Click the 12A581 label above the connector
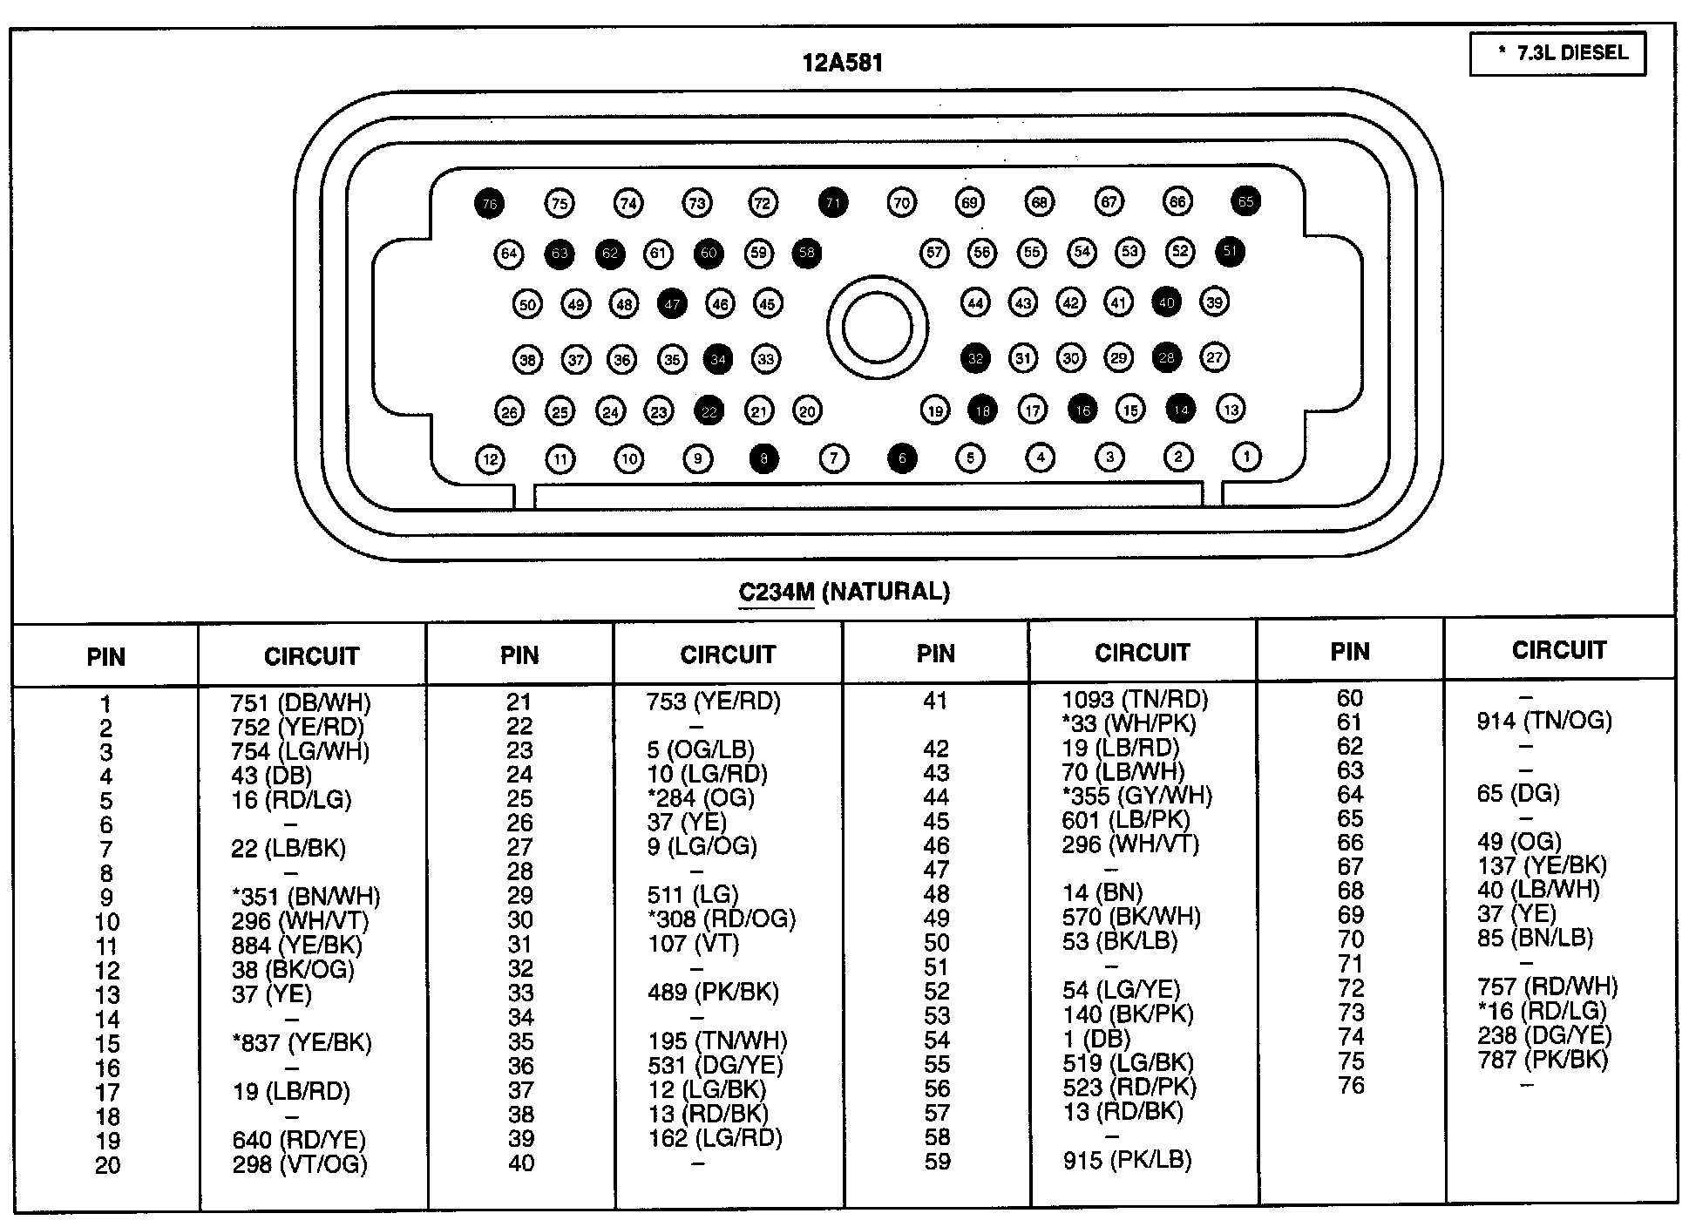pos(842,63)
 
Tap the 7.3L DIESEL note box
pos(1557,54)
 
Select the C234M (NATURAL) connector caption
pos(844,593)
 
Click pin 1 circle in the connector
pos(1246,456)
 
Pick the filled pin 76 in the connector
pos(489,204)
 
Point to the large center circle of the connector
pos(877,329)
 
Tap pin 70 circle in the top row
pos(901,203)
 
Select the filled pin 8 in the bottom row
pos(764,458)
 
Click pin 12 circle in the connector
pos(491,459)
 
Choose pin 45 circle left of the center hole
pos(767,304)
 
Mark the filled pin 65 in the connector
pos(1245,201)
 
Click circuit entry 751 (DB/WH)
pos(301,702)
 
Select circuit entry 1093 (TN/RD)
pos(1135,699)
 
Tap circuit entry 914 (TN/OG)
pos(1544,721)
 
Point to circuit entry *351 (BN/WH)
pos(305,897)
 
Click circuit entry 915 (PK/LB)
pos(1127,1160)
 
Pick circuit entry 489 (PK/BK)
pos(713,992)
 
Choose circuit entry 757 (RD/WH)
pos(1548,986)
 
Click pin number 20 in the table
pos(107,1165)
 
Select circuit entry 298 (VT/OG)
pos(300,1164)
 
